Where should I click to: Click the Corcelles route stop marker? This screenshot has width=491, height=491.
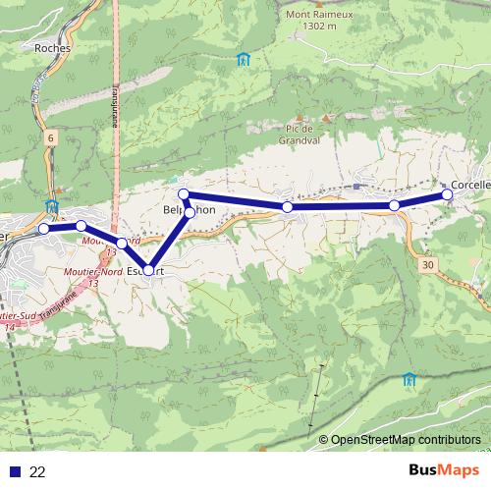point(448,194)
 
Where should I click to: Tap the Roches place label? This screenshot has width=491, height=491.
point(50,46)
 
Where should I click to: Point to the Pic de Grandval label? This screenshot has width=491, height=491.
point(298,134)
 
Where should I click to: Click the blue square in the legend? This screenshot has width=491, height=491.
point(14,471)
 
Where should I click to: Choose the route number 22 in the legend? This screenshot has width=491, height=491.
point(38,471)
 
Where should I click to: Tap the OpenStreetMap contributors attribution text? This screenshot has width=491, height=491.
point(405,440)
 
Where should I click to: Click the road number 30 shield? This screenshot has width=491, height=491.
point(426,264)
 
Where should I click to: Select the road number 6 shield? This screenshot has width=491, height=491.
point(49,139)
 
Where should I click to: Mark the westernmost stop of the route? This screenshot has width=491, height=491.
point(44,229)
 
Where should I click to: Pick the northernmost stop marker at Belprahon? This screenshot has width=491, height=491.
point(183,194)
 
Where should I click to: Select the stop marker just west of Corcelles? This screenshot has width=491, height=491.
point(394,205)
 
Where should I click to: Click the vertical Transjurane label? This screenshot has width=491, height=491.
point(114,105)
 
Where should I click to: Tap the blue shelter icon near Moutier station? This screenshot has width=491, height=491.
point(51,206)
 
